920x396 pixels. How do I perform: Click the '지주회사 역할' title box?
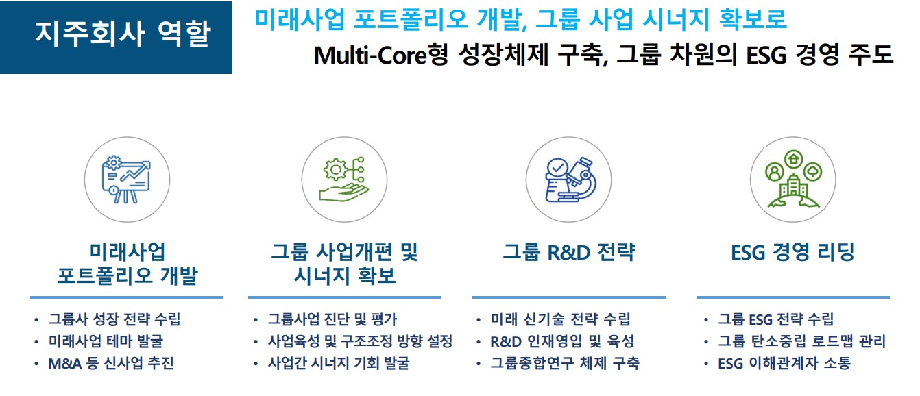tap(117, 38)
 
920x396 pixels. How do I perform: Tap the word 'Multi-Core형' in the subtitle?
tap(380, 55)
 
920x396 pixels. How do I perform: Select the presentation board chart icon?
tap(127, 180)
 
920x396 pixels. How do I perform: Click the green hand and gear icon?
tap(344, 180)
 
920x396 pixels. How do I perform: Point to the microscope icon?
tap(570, 180)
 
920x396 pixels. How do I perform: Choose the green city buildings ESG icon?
tap(793, 179)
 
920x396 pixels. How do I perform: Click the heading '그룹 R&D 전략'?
tap(569, 252)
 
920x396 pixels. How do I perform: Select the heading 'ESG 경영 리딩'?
tap(792, 252)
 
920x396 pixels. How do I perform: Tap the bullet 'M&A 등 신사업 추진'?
tap(111, 363)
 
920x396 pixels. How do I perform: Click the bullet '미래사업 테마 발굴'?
tap(106, 341)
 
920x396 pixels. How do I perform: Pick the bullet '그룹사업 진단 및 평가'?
tap(332, 319)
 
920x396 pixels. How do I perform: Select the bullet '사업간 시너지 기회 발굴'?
tap(339, 363)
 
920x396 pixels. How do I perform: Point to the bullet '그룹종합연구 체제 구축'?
tap(565, 363)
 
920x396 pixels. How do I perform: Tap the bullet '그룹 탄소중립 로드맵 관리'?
tap(801, 341)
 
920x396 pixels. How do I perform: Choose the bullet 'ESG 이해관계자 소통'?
tap(784, 363)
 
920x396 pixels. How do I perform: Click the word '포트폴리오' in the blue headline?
tap(411, 19)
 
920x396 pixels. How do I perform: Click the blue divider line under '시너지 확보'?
tap(345, 297)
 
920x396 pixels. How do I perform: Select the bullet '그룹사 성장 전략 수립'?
tap(114, 319)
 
